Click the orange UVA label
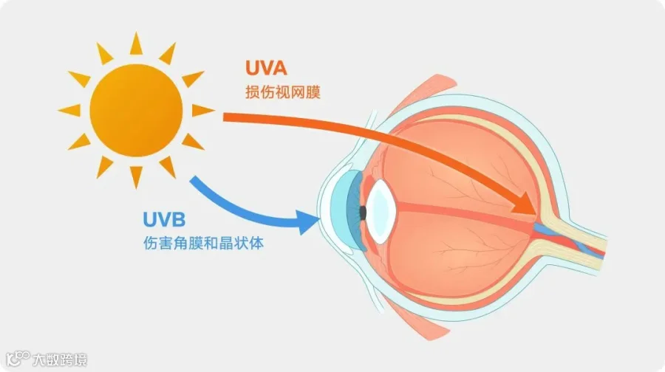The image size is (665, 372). coord(266,68)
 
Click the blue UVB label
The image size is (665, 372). coord(164,219)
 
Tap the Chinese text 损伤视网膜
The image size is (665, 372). coord(283,92)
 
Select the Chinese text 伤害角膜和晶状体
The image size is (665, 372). coord(204,243)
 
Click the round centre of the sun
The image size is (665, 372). coord(136,110)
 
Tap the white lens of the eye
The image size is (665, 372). coord(381,211)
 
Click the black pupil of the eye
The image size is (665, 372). coord(363,213)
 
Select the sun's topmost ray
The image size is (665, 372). coord(136,44)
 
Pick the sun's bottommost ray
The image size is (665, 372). coord(136,176)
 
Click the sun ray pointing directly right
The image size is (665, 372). coord(202,110)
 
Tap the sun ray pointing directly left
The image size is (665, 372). coord(69,110)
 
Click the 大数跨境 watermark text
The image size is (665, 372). coord(60,359)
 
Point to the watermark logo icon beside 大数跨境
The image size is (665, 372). coord(18,359)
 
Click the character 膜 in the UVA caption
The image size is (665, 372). coord(313,92)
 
